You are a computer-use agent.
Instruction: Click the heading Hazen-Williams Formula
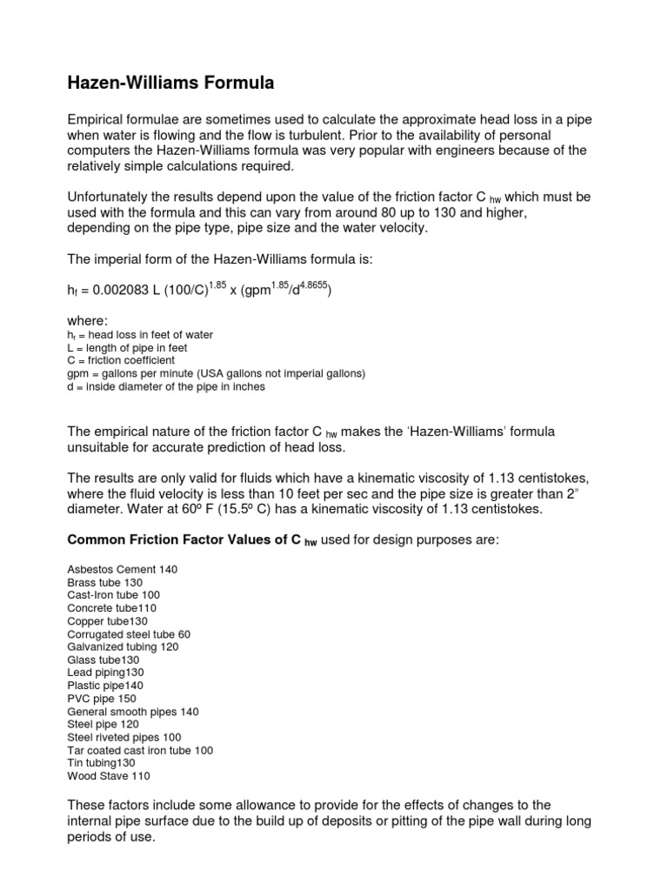tap(170, 84)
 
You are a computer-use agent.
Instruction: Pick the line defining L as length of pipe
tap(127, 347)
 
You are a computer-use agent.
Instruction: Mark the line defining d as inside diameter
tap(166, 386)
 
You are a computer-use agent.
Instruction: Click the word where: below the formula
tap(87, 321)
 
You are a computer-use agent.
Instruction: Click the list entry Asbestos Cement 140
tap(122, 569)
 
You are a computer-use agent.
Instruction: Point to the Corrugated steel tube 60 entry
tap(129, 634)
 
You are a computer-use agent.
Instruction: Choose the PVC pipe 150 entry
tap(101, 698)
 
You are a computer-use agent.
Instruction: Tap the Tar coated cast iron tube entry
tap(140, 750)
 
